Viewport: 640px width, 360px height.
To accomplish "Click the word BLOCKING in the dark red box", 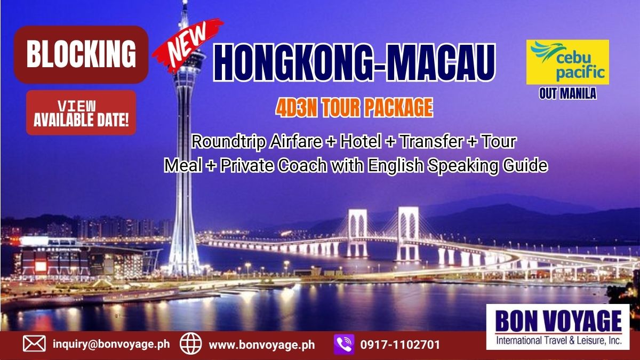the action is (x=81, y=54).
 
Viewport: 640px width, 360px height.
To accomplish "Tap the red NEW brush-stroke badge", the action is (x=187, y=43).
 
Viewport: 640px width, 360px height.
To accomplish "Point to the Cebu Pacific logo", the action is (x=567, y=62).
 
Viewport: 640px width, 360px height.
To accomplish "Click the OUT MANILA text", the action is (x=567, y=94).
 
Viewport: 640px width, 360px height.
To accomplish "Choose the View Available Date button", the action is (x=81, y=113).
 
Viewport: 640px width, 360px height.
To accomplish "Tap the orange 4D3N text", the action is (x=296, y=108).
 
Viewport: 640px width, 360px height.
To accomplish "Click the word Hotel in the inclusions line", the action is (x=361, y=141).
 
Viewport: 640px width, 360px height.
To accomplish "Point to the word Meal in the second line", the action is (x=183, y=165).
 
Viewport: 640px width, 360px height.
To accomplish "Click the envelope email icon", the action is (x=34, y=343).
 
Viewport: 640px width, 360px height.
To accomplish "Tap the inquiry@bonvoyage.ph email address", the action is (x=111, y=344).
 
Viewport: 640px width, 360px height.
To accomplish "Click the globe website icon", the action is (x=190, y=343).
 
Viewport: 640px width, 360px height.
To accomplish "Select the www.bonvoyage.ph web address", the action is (x=262, y=345).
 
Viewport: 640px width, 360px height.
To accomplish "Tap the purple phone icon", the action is (x=344, y=345).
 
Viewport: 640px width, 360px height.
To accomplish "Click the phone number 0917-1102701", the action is (x=400, y=345).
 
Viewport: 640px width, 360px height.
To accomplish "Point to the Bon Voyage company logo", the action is (x=558, y=326).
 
